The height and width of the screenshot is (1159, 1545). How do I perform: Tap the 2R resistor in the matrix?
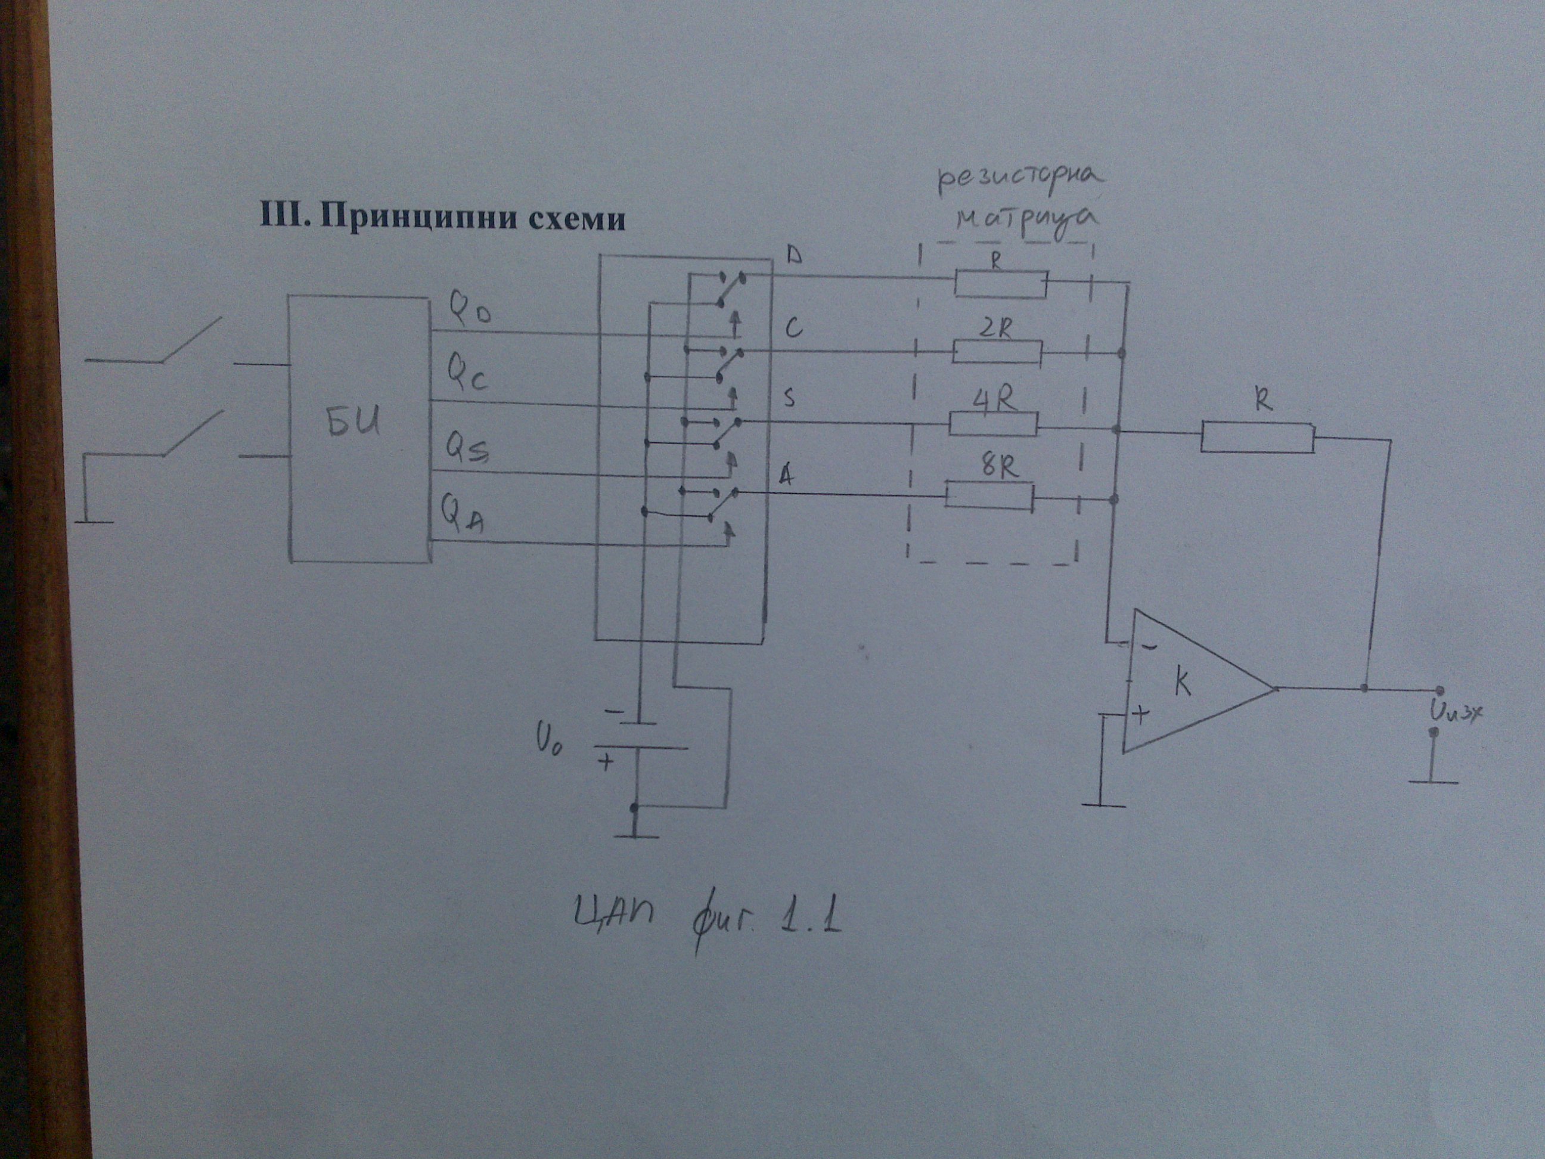coord(997,353)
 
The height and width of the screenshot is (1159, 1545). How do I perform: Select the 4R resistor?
coord(993,424)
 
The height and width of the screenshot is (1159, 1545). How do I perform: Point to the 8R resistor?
coord(988,495)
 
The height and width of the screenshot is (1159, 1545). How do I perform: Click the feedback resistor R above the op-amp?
coord(1257,439)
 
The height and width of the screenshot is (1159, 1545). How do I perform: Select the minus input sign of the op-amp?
coord(1148,647)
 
